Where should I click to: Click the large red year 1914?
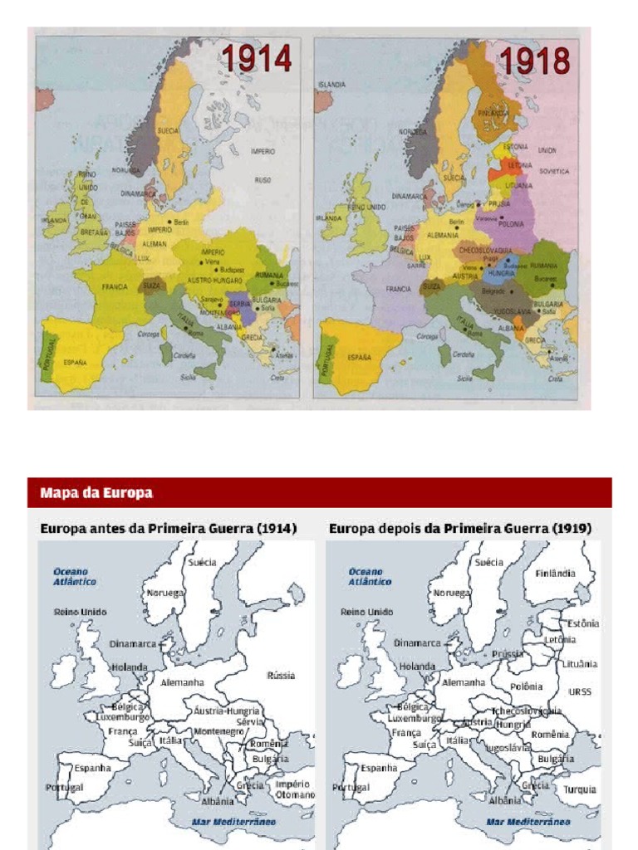256,60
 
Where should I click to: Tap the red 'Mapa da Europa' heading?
96,493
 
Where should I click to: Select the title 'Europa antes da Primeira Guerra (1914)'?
169,529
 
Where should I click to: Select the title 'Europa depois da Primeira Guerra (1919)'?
460,529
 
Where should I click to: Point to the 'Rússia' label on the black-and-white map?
281,675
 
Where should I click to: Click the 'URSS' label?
580,691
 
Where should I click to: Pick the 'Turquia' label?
580,789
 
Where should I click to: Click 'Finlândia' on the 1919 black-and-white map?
556,574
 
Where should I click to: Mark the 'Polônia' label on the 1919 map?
526,686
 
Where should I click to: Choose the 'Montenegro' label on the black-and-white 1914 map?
219,731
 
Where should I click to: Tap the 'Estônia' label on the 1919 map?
583,623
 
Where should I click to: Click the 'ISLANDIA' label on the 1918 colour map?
331,85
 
